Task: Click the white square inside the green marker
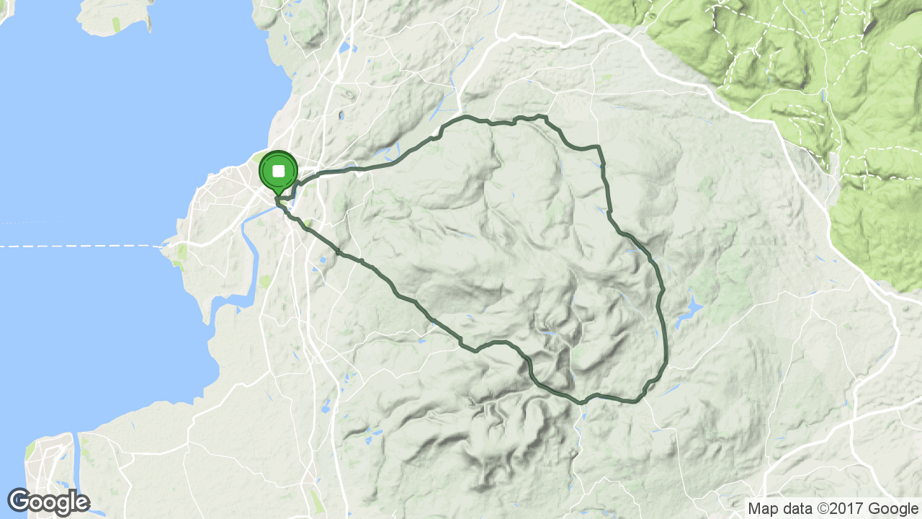click(x=278, y=172)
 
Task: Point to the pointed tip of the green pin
click(x=278, y=195)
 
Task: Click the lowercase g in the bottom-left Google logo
click(x=60, y=503)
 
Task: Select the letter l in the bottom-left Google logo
click(x=72, y=500)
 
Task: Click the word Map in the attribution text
click(x=764, y=508)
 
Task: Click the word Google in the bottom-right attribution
click(x=893, y=508)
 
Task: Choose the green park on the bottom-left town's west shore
click(x=30, y=451)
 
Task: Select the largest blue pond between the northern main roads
click(x=344, y=48)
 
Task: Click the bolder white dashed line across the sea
click(x=79, y=246)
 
